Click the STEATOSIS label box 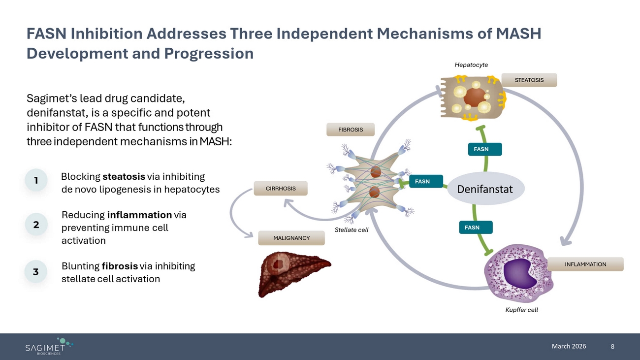tap(529, 80)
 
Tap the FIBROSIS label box tap(351, 130)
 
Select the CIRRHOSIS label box tap(281, 188)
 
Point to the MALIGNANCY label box tap(291, 238)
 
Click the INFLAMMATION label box tap(585, 264)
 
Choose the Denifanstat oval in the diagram tap(485, 189)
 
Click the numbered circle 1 tap(36, 181)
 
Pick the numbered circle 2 tap(36, 225)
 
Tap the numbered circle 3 tap(36, 272)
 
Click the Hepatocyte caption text tap(471, 65)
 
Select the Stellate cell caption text tap(352, 230)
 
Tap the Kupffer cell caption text tap(522, 310)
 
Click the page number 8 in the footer tap(612, 347)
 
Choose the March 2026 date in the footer tap(569, 346)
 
